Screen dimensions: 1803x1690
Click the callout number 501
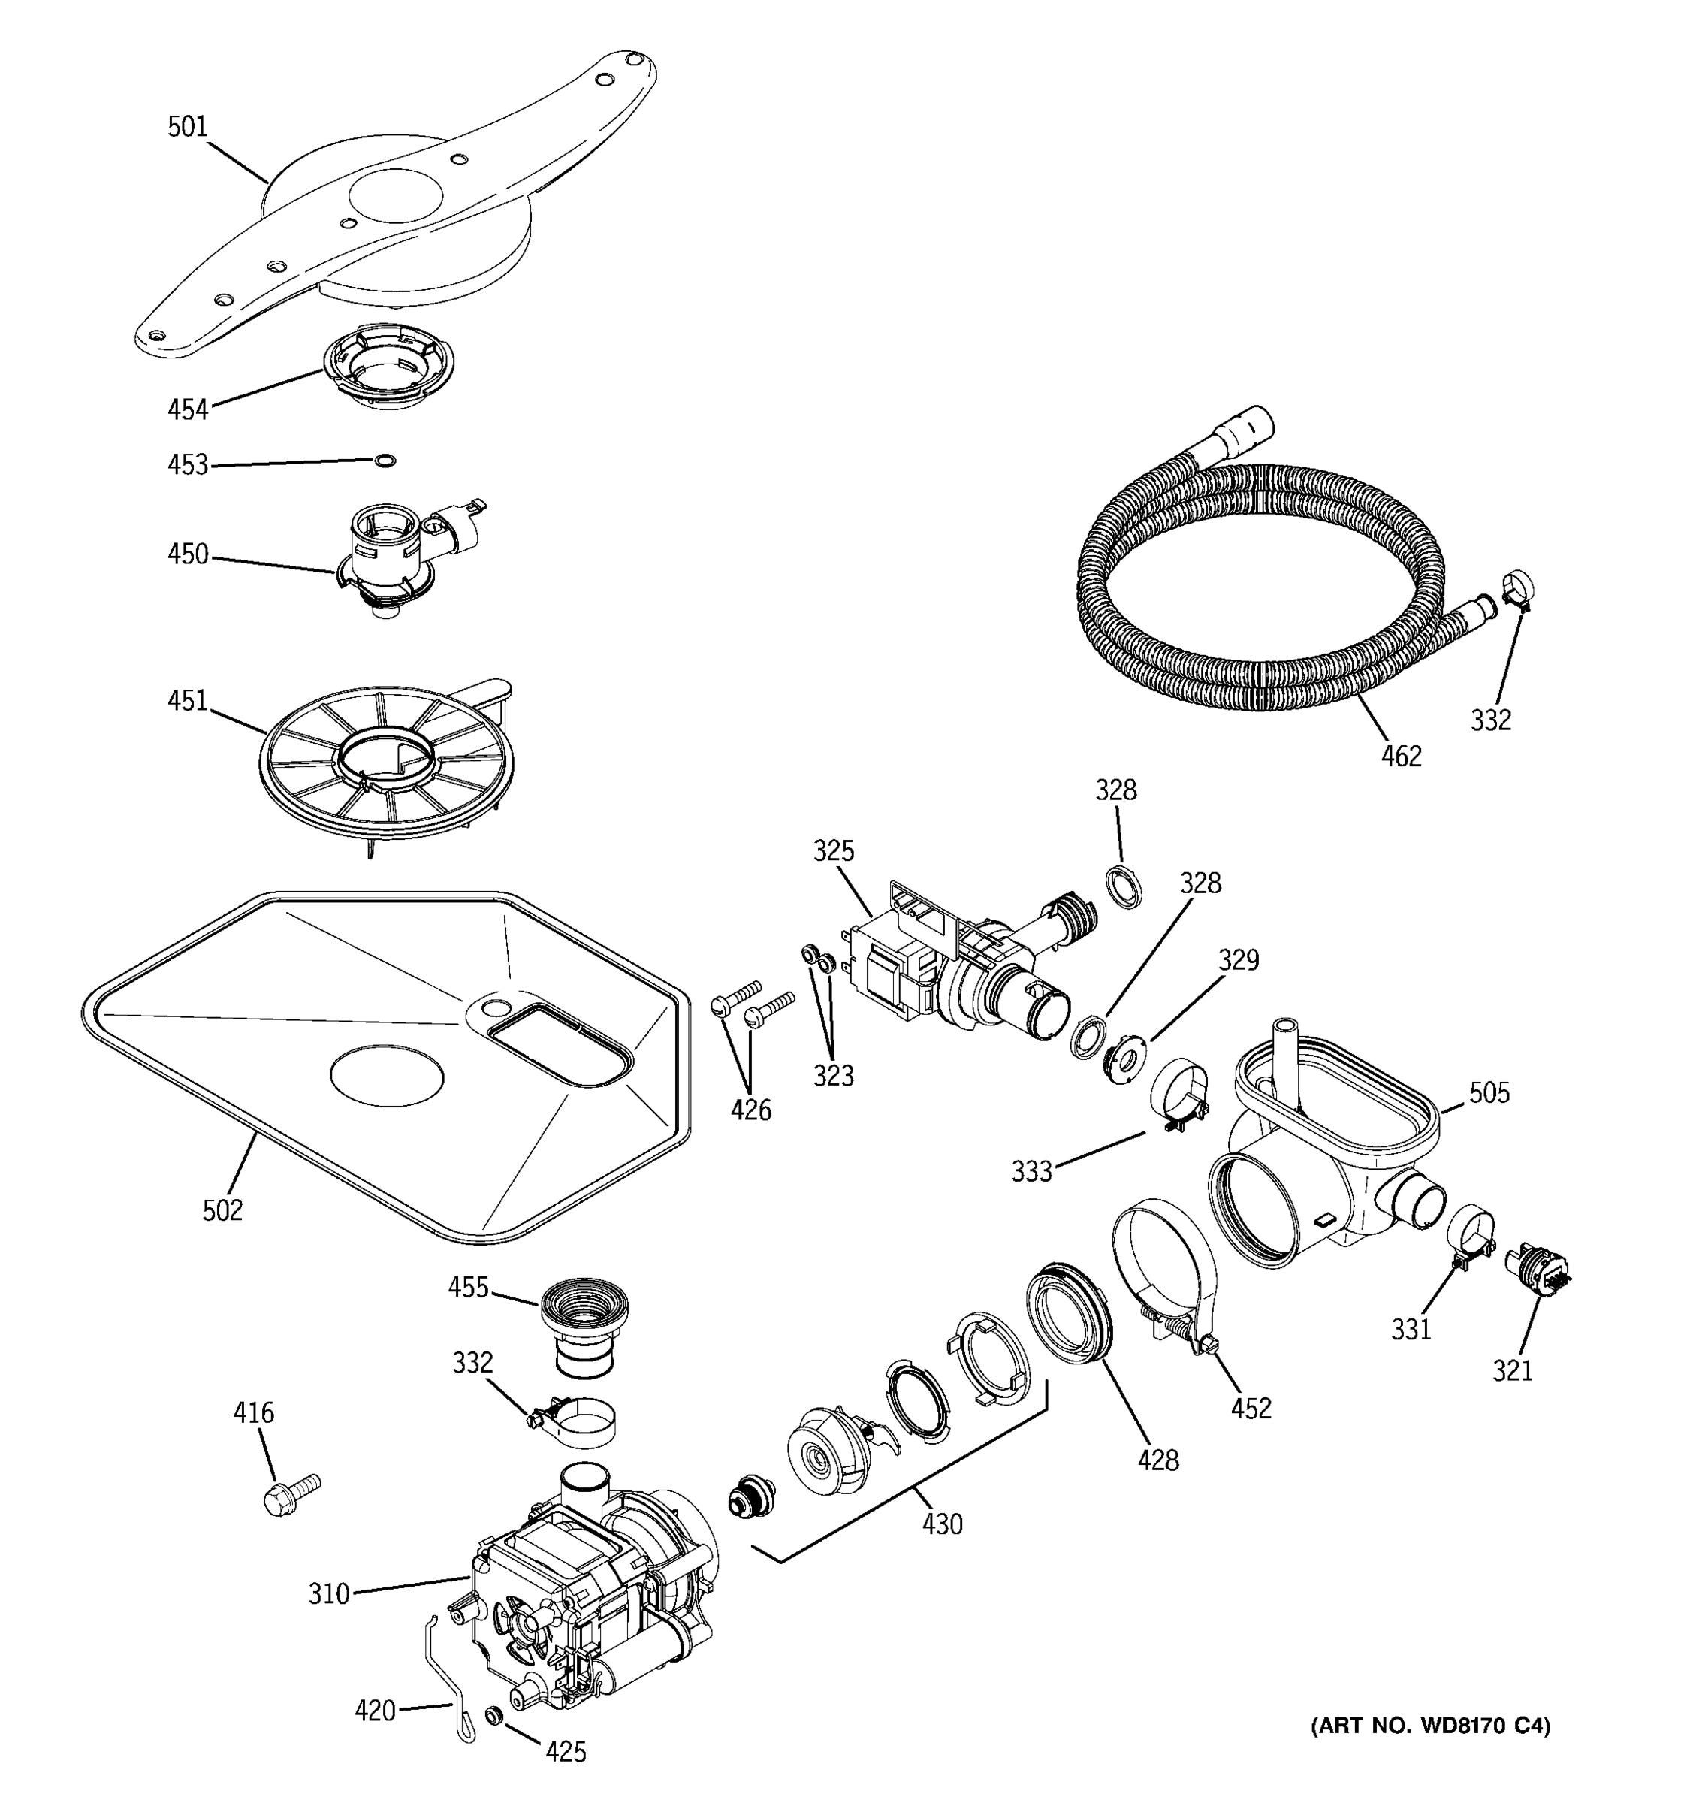click(x=188, y=127)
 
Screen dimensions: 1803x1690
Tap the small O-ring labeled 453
click(x=385, y=461)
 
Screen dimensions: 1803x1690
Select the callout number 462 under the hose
click(x=1401, y=756)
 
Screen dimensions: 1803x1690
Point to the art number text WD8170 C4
click(x=1431, y=1726)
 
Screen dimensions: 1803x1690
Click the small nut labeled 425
click(x=494, y=1715)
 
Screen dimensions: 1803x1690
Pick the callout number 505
click(x=1489, y=1093)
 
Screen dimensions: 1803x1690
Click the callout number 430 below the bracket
click(x=942, y=1524)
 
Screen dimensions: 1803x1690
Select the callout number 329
click(x=1239, y=959)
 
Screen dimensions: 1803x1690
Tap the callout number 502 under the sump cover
click(x=222, y=1210)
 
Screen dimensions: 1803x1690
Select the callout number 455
click(x=468, y=1287)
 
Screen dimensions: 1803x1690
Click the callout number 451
click(x=188, y=700)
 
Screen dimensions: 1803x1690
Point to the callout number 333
click(x=1032, y=1172)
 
